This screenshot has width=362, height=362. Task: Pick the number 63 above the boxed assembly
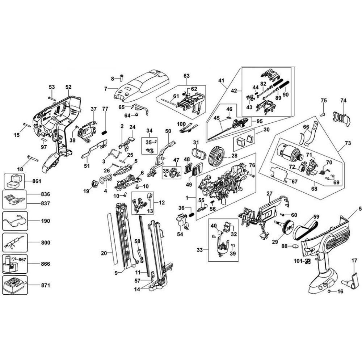186,76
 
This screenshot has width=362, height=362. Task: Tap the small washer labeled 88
295,247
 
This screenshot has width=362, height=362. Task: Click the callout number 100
181,124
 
